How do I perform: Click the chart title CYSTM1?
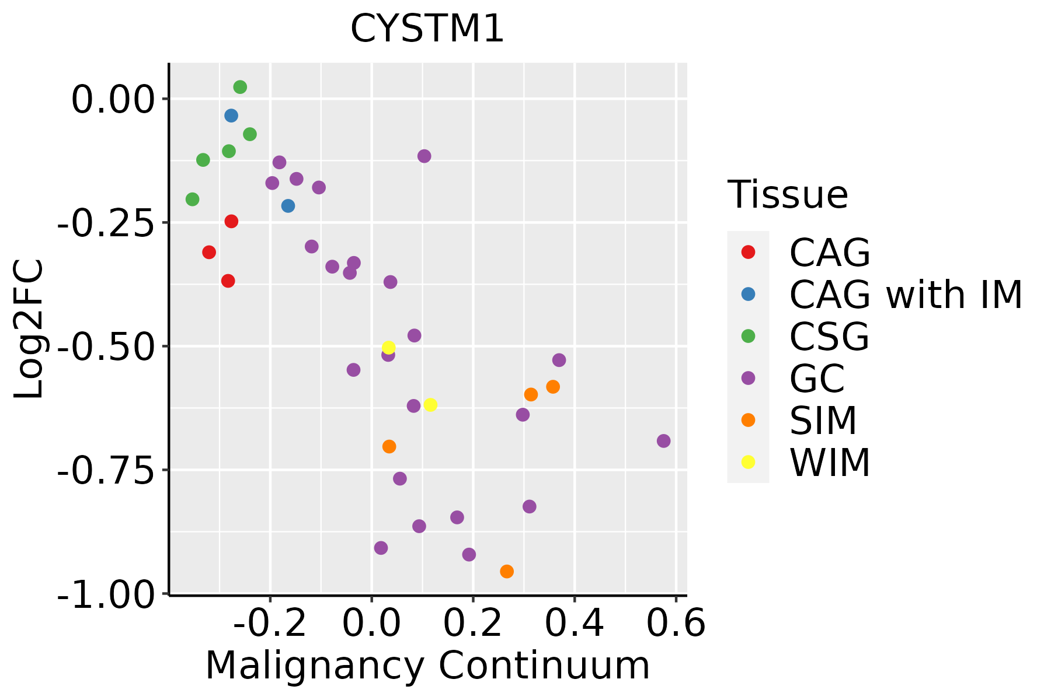(427, 29)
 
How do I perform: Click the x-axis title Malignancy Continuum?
(427, 666)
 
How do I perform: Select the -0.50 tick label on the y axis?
(103, 346)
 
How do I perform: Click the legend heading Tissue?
(788, 195)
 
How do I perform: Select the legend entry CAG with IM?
(906, 295)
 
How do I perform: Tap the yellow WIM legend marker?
(748, 462)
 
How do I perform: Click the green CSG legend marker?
(748, 336)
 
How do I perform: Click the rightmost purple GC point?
(663, 441)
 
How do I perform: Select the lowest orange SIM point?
(507, 571)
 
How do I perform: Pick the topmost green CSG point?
(240, 87)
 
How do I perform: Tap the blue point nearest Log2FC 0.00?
(231, 116)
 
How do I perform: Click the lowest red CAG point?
(228, 281)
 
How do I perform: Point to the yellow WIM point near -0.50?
(389, 348)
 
